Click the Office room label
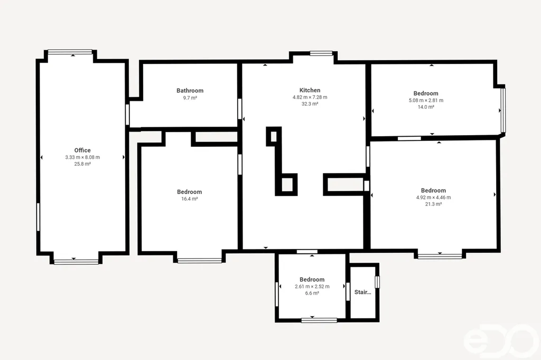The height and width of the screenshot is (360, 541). pos(82,150)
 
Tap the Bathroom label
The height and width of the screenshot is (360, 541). pos(190,91)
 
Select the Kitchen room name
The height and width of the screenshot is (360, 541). pos(310,90)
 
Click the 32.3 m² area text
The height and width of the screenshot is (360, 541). pos(310,104)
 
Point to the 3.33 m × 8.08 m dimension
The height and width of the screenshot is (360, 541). pos(82,157)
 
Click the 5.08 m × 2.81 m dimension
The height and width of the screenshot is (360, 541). pos(426,100)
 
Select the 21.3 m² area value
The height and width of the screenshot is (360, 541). pos(433,204)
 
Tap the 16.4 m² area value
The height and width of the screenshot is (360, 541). pos(190,199)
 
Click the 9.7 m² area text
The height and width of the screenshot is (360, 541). pos(190,98)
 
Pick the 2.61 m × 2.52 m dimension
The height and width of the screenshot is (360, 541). pos(312,287)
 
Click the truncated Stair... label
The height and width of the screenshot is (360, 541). pos(362,292)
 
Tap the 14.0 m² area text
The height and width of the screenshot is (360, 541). pos(426,107)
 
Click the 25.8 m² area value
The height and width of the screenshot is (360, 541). pos(82,164)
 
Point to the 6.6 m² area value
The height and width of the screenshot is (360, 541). pos(312,293)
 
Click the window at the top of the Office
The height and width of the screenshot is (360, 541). pos(70,52)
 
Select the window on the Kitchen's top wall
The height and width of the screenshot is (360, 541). pos(321,53)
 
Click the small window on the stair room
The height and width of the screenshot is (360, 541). pos(377,282)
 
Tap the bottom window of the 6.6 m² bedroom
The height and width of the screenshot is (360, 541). pos(319,320)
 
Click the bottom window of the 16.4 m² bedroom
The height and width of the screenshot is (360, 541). pos(200,261)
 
